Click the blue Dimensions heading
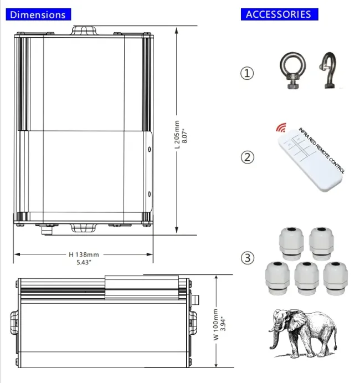point(38,14)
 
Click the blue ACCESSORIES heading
point(280,14)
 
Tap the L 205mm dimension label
point(177,134)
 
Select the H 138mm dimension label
point(84,255)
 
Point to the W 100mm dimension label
point(216,324)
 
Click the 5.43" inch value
point(84,263)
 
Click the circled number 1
point(247,73)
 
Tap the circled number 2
point(247,157)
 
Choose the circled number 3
point(248,258)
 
